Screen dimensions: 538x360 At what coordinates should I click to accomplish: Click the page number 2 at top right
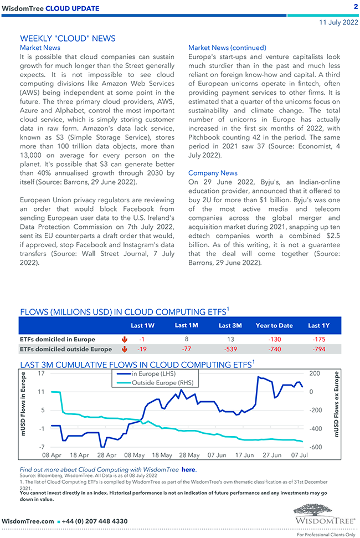tap(355, 7)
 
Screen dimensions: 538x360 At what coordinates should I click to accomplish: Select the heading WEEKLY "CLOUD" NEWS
tap(68, 38)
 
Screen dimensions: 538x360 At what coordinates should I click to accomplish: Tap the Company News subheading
tap(213, 173)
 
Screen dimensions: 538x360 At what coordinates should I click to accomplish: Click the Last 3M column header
tap(230, 326)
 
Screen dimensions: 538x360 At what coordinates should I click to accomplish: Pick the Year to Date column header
tap(274, 326)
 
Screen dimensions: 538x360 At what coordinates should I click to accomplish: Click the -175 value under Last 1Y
tap(318, 339)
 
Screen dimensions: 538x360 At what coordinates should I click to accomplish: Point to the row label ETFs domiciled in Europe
tap(58, 339)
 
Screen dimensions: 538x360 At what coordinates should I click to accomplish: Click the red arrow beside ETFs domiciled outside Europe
tap(124, 349)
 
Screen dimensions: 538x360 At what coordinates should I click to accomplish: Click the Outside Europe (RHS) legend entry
tap(163, 382)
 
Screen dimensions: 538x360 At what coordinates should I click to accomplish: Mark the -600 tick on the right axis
tap(315, 447)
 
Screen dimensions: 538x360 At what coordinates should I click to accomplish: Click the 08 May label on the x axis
tap(135, 455)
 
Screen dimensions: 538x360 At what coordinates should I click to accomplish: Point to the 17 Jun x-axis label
tap(244, 455)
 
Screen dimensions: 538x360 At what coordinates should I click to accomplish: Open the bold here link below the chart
tap(188, 469)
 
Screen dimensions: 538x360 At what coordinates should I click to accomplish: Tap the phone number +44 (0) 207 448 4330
tap(96, 521)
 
